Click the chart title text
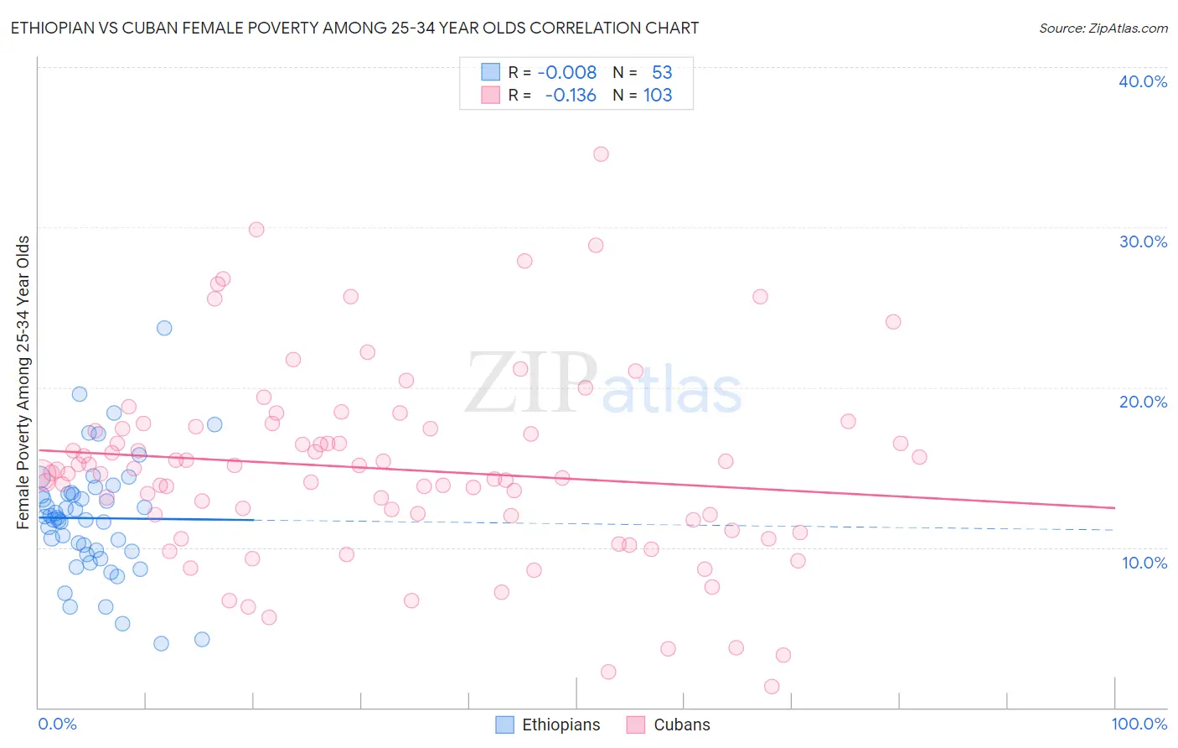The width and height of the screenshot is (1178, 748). click(x=354, y=28)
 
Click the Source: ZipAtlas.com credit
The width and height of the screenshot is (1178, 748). click(x=1103, y=28)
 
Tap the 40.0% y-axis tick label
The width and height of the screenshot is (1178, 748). click(x=1143, y=81)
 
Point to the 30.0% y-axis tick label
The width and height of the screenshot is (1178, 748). click(x=1143, y=242)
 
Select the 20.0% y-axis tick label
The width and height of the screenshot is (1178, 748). click(x=1143, y=402)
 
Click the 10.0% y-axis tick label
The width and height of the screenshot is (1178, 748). click(x=1144, y=563)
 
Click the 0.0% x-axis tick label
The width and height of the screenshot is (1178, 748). click(x=57, y=724)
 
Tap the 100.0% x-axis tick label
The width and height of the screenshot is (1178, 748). click(x=1139, y=724)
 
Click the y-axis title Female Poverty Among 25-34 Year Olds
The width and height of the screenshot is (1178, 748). click(x=23, y=382)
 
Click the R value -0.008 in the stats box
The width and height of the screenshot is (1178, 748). click(x=567, y=72)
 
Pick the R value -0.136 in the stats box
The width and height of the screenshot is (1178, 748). click(x=570, y=95)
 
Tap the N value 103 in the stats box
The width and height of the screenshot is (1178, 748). click(x=658, y=95)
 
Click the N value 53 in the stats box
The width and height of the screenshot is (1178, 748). click(x=662, y=72)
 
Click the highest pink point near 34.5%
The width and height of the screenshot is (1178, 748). click(x=601, y=153)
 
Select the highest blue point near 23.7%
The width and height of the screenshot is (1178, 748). click(x=164, y=328)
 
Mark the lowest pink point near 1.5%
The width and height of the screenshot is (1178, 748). click(x=772, y=687)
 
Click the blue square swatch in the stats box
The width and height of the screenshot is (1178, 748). click(x=490, y=72)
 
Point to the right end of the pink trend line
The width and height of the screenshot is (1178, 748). click(x=1114, y=508)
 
